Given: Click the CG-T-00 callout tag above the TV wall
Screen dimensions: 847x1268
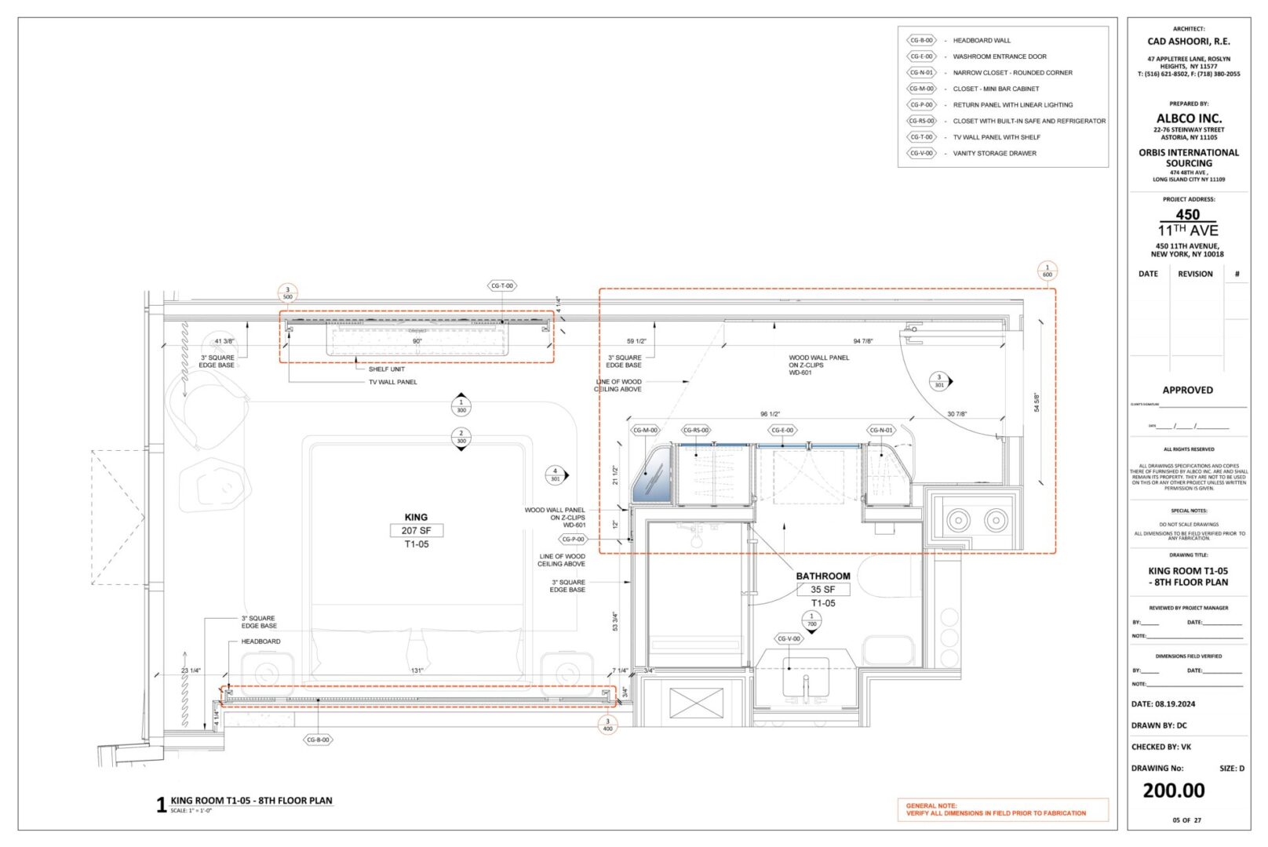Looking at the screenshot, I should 502,286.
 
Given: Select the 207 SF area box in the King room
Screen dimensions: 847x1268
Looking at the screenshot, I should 416,531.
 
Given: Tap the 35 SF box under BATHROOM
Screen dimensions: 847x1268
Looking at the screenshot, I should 823,590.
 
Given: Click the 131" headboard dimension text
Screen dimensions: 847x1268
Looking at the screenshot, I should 417,671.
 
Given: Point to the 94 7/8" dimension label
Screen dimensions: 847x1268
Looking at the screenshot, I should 862,341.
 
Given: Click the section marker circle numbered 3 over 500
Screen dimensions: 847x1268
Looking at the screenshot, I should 287,293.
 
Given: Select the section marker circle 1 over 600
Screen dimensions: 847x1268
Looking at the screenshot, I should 1047,271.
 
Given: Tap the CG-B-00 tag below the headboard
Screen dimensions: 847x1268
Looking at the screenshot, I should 318,740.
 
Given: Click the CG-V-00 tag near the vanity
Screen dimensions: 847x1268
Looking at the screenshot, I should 789,639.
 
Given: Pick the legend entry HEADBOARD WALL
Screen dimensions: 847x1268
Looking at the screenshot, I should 982,40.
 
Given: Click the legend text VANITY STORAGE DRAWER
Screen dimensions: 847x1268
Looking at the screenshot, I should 994,154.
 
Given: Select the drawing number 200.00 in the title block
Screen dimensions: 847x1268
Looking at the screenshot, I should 1173,791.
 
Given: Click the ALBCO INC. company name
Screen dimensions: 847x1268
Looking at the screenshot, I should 1189,118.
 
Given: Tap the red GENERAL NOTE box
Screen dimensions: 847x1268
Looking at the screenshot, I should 1002,809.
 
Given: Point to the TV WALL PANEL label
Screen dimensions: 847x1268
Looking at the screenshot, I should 393,382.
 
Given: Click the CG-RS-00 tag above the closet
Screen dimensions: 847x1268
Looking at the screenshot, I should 696,430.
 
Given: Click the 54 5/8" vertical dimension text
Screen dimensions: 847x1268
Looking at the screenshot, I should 1037,402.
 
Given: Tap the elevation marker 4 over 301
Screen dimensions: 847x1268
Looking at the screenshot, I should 556,475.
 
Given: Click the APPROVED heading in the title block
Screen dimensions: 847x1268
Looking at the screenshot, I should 1187,390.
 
